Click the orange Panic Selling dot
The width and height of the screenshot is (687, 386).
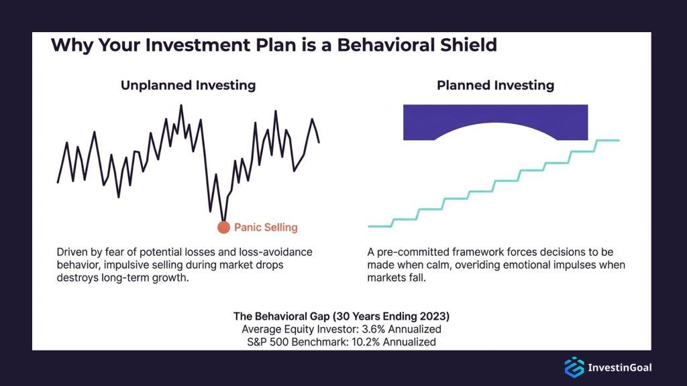(x=223, y=227)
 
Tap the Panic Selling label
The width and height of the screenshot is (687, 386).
(x=266, y=227)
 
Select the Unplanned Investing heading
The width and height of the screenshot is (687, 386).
(x=188, y=85)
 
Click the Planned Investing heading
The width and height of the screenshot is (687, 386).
(x=495, y=85)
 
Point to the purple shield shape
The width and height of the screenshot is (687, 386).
(x=495, y=118)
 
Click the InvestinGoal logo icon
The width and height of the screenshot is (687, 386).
(x=574, y=367)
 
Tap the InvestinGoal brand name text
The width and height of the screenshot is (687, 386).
(x=619, y=367)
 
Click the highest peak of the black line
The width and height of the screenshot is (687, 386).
(x=180, y=106)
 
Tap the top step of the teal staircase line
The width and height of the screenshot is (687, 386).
(x=607, y=140)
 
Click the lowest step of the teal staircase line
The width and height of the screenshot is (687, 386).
(x=380, y=227)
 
